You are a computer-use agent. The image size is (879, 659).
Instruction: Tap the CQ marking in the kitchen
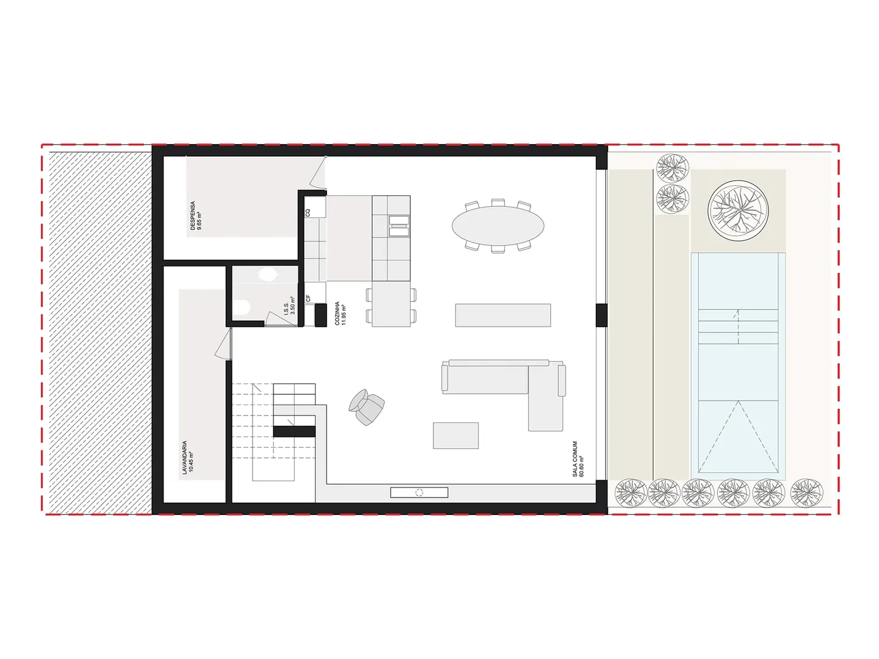click(x=308, y=213)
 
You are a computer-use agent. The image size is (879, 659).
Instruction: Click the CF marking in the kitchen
click(x=308, y=298)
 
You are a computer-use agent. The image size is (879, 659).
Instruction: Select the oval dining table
click(x=497, y=226)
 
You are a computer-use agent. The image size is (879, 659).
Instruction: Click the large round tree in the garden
click(x=737, y=211)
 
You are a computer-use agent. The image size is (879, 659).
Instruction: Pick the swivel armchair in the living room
click(x=366, y=406)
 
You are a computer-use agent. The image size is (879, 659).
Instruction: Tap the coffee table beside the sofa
click(x=456, y=435)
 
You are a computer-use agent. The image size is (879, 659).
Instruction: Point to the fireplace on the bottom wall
click(x=419, y=492)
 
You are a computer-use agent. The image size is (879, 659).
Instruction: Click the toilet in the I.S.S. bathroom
click(x=242, y=308)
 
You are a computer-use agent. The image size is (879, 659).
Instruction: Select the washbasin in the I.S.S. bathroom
click(x=267, y=275)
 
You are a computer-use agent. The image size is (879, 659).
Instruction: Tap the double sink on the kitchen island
click(x=399, y=226)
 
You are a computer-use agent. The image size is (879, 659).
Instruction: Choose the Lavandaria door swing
click(x=223, y=344)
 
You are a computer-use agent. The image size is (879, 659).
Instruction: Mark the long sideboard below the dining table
click(x=503, y=315)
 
